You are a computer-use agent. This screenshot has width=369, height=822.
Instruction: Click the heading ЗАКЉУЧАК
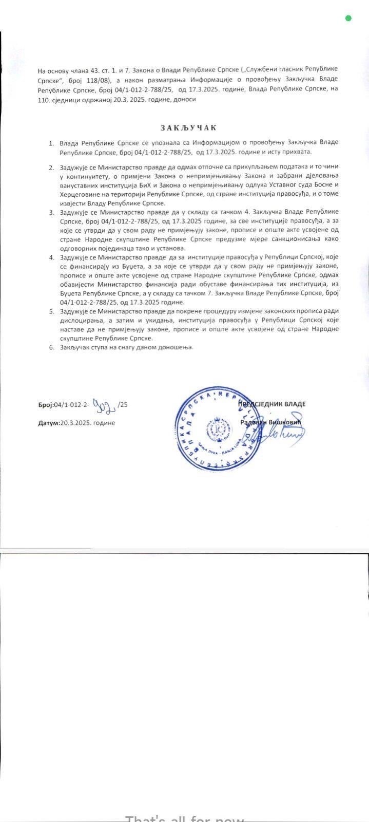(188, 128)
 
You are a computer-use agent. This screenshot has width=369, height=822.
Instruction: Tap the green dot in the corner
(348, 18)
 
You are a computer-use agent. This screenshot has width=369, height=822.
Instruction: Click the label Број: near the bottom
(46, 405)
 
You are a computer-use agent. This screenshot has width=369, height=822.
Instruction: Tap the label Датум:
(49, 423)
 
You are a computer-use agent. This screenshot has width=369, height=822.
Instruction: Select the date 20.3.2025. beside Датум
(76, 423)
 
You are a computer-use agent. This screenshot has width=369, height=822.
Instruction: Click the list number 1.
(51, 142)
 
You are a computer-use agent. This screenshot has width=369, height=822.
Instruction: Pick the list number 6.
(51, 347)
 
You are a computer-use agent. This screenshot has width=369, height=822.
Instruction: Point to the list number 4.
(51, 257)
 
